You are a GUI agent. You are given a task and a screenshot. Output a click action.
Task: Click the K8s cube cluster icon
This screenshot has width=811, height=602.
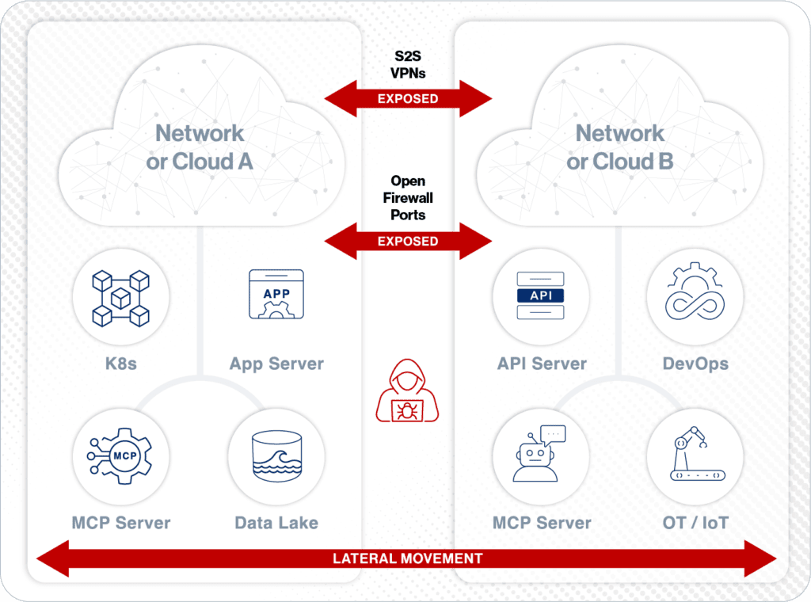click(120, 298)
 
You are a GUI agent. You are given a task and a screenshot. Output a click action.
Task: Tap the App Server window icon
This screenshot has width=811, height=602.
click(276, 295)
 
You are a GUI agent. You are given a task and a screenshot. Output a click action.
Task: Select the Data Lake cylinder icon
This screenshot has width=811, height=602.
click(276, 457)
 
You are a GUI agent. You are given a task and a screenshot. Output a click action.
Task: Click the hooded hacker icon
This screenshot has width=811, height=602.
click(408, 391)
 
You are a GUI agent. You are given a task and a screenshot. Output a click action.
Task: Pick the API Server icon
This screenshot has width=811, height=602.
click(541, 295)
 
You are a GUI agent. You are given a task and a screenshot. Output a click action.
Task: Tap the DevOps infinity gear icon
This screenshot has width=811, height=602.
click(695, 295)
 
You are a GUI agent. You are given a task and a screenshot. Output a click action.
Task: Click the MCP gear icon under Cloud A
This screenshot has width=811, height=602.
click(120, 457)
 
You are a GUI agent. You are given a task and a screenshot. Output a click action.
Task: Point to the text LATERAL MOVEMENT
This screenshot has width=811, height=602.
click(408, 558)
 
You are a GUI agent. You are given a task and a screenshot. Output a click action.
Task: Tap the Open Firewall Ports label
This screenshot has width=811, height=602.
click(408, 198)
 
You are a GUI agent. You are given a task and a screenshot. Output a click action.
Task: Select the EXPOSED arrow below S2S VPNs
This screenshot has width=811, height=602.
click(408, 99)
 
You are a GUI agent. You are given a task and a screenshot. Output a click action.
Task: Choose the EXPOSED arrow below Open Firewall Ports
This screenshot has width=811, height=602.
click(408, 241)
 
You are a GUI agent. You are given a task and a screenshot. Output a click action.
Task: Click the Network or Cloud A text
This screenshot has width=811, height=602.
click(200, 147)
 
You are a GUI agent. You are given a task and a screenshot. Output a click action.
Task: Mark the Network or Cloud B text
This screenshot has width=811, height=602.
click(620, 147)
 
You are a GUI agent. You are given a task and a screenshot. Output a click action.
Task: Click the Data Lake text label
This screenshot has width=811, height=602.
click(276, 523)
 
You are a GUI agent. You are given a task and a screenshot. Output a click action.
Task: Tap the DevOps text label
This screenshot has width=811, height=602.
click(695, 364)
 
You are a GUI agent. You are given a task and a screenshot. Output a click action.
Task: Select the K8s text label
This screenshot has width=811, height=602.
click(120, 364)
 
